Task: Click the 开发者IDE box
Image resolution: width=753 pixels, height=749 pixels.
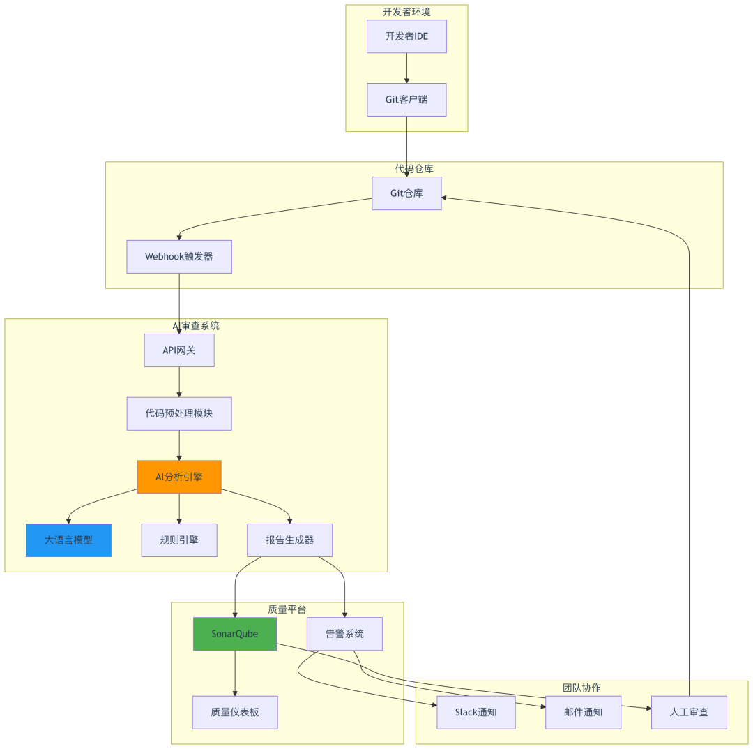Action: (406, 36)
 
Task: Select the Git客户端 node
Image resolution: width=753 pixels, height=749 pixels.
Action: (406, 100)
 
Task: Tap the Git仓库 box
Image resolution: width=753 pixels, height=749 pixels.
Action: (406, 193)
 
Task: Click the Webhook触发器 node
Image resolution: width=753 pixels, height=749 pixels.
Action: (179, 257)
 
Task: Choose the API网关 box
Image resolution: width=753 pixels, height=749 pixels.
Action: (179, 350)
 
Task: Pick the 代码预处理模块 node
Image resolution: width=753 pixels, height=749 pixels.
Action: (179, 413)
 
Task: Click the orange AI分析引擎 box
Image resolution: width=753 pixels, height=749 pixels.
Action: (179, 477)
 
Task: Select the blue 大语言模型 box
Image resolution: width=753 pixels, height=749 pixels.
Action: (68, 540)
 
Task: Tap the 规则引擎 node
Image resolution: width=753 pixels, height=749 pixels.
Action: (179, 540)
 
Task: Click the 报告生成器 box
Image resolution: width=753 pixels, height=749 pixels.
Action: (289, 540)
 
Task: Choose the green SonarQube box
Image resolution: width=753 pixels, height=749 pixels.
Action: (235, 634)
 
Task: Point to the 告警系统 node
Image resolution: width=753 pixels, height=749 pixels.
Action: (345, 634)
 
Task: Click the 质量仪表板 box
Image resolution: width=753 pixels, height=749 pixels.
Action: (235, 713)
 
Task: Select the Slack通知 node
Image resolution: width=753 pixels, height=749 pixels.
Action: (476, 713)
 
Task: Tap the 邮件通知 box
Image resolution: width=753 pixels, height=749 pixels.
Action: (583, 713)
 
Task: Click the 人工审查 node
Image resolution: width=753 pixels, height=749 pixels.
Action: (689, 713)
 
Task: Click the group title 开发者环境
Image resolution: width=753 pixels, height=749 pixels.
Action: (406, 12)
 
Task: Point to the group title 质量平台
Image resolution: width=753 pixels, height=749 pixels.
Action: (287, 609)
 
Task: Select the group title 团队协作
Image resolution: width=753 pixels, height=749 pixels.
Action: (581, 688)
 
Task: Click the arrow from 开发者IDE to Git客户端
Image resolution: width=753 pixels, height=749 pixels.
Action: (406, 68)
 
